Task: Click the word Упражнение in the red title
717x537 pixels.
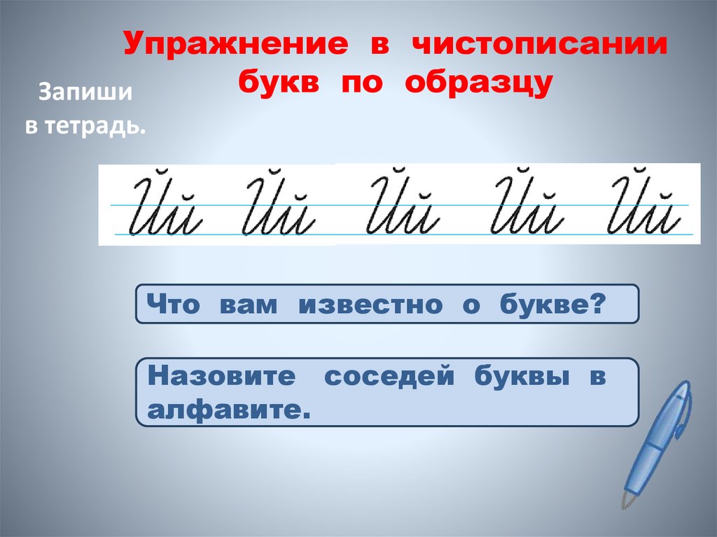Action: (237, 47)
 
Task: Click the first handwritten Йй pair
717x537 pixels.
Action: (166, 207)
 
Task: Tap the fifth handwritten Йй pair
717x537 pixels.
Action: (646, 207)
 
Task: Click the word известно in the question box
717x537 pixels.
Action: (371, 305)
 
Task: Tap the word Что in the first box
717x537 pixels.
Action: (173, 305)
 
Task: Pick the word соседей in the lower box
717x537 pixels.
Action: (388, 377)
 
